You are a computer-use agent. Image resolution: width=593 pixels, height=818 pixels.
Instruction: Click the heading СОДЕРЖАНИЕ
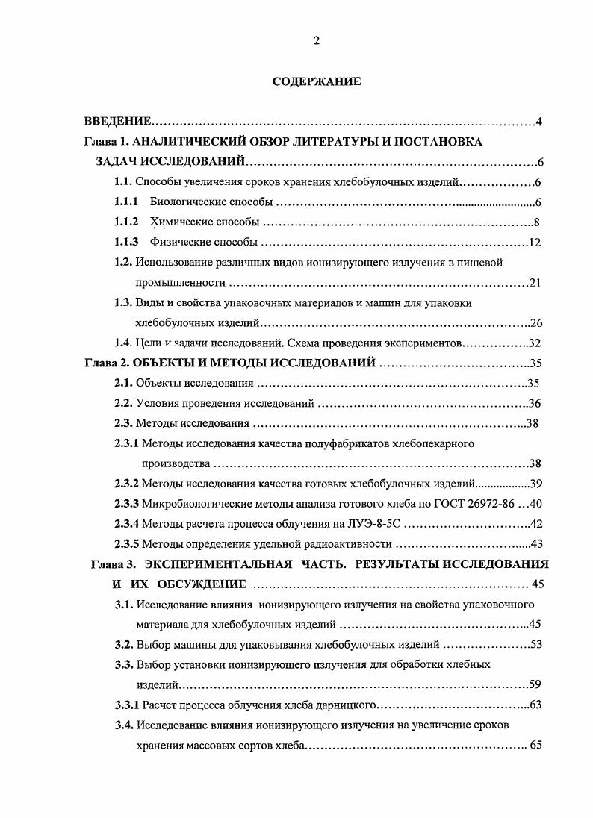[317, 82]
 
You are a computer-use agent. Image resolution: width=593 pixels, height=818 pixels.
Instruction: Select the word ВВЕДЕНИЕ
[118, 122]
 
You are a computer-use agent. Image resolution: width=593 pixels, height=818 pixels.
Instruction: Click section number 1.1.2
[126, 222]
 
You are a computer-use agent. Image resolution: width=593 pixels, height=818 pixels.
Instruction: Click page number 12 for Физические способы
[534, 243]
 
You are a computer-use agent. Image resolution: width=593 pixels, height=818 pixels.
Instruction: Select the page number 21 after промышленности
[534, 283]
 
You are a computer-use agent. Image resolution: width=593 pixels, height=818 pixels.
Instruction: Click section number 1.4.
[123, 343]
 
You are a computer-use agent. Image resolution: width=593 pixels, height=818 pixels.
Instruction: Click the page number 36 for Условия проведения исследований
[534, 404]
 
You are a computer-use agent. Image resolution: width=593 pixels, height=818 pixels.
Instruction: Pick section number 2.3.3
[126, 504]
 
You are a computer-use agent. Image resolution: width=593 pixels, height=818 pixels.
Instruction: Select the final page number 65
[535, 745]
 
